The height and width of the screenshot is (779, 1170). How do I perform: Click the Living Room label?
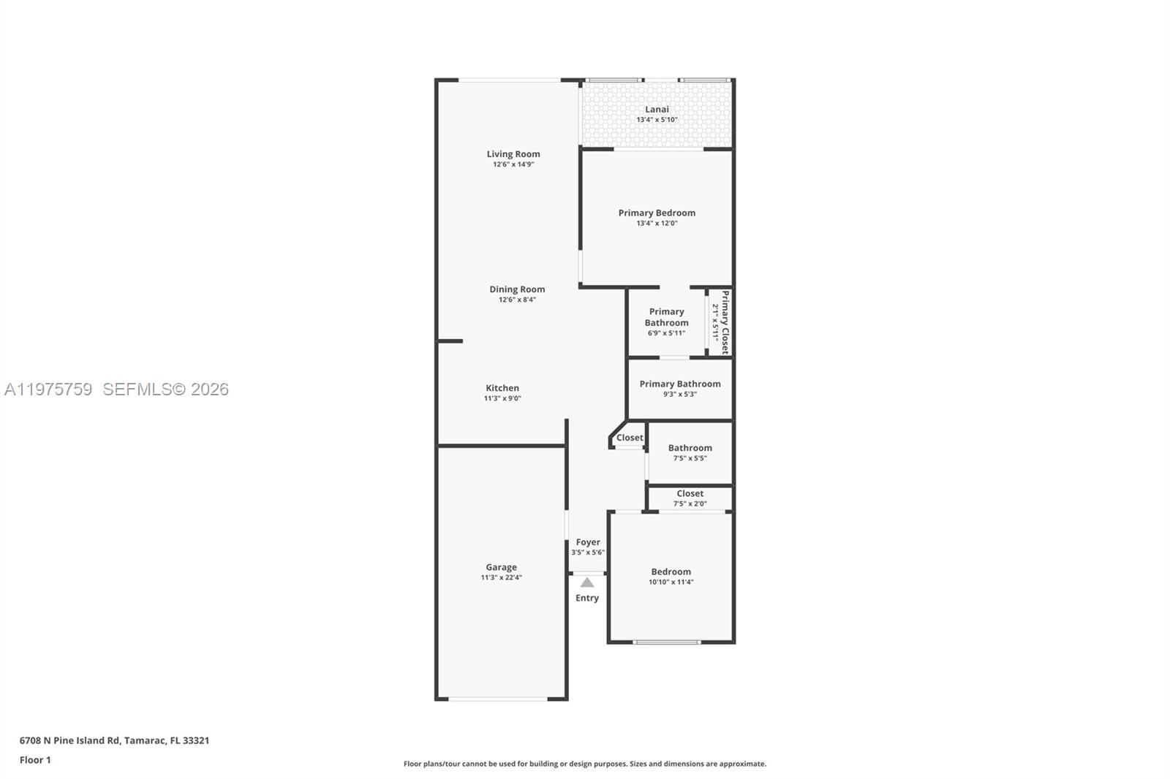[513, 154]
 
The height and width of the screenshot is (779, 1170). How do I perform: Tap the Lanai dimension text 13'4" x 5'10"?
[657, 120]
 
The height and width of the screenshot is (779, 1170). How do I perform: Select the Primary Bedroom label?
[657, 213]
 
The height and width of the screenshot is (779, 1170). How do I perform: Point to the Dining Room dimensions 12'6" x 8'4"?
[517, 300]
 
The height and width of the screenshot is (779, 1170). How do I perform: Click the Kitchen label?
[502, 388]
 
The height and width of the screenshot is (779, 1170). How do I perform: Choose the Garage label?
[501, 567]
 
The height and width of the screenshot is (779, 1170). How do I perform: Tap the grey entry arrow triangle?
[587, 582]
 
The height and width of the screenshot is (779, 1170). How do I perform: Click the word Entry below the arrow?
[587, 598]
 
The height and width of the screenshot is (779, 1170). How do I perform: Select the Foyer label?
[588, 542]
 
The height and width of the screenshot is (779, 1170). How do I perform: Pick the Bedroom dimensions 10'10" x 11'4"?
[671, 582]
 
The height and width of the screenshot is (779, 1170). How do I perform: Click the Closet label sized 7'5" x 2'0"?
[690, 493]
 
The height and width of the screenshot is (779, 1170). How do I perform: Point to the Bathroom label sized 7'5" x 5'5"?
[690, 448]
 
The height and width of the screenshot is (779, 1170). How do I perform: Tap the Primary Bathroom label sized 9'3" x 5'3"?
[680, 384]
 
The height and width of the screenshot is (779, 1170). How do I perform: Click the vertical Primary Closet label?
[725, 322]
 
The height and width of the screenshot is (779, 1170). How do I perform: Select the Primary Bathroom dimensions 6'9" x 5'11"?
[666, 333]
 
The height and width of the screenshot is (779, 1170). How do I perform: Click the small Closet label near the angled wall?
[630, 438]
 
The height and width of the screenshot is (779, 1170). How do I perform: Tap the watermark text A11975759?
[48, 389]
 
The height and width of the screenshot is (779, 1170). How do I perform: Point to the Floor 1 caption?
[35, 760]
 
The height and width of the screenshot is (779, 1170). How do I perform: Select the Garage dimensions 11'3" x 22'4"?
[501, 578]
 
